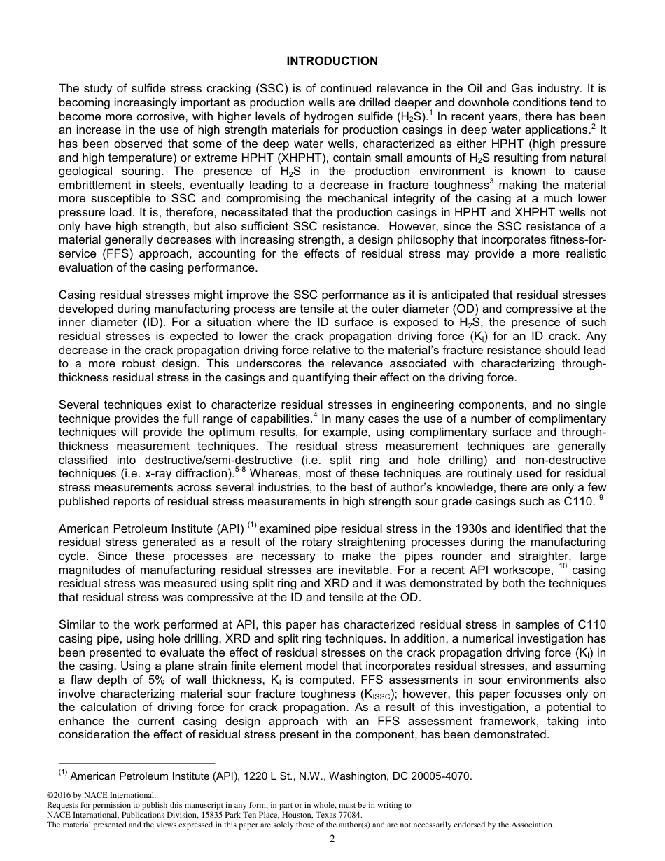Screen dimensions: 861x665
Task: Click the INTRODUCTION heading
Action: [332, 61]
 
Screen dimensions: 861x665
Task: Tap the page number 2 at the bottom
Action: [332, 840]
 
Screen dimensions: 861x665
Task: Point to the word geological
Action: [87, 172]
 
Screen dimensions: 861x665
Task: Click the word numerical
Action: [502, 638]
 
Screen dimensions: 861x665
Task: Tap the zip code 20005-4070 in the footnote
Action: [443, 776]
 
